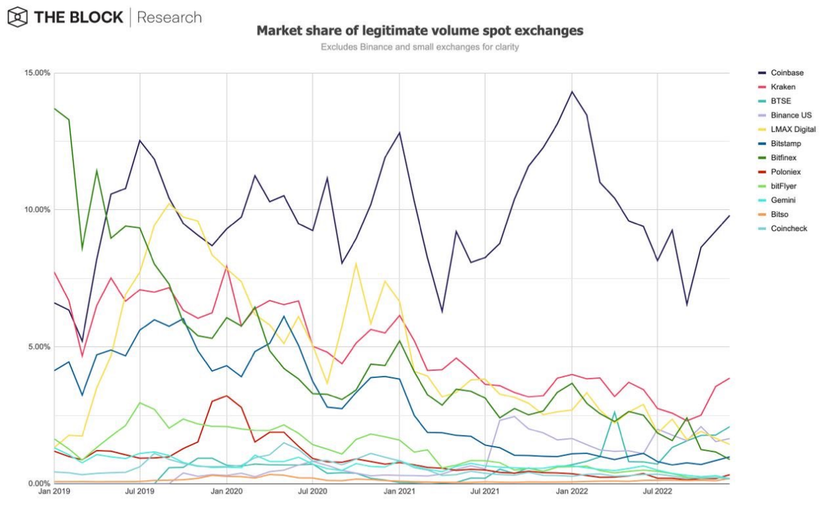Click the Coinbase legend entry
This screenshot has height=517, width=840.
[787, 73]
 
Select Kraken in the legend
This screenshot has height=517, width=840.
[783, 87]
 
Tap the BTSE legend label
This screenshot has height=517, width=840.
[780, 101]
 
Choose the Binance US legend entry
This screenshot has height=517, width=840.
[791, 115]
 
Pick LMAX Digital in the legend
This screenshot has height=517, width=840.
[793, 129]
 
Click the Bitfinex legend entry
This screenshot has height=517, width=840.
[784, 158]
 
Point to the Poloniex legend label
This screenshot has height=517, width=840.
[786, 172]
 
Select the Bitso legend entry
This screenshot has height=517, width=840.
[780, 214]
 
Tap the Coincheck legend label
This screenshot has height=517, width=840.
[788, 228]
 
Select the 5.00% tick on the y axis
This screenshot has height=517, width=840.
[36, 347]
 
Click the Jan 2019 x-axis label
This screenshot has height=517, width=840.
[54, 492]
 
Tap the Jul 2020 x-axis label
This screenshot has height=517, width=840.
[313, 492]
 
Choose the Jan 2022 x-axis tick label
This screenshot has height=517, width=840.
[571, 492]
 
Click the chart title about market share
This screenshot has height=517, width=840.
[420, 31]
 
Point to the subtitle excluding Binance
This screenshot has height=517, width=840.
[420, 47]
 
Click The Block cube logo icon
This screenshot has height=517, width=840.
[17, 17]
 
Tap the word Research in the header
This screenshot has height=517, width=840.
[169, 17]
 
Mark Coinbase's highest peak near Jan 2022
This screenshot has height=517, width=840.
[571, 91]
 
